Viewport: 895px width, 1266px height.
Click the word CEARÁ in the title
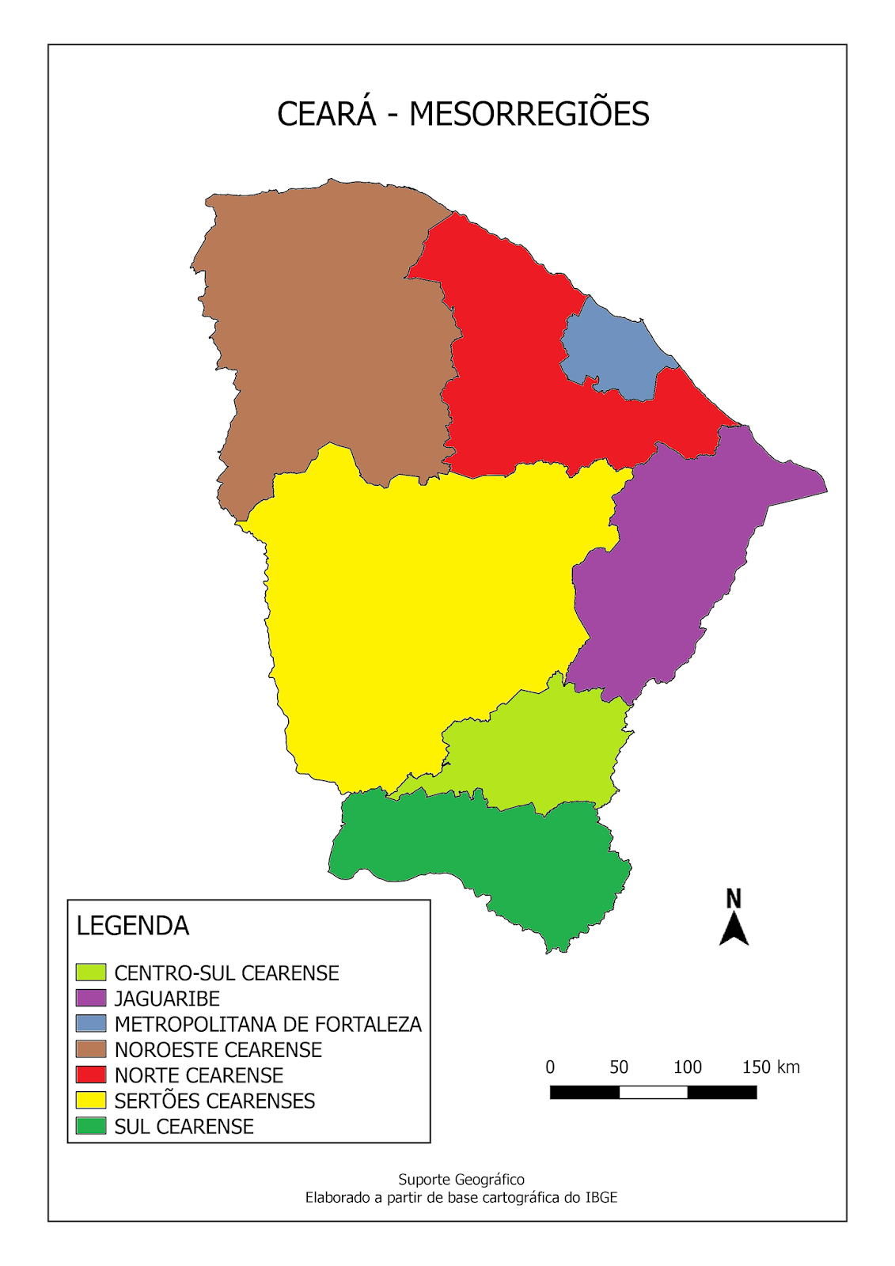point(326,115)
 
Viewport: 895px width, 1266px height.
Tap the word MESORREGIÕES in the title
point(529,115)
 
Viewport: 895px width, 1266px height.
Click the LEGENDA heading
point(132,926)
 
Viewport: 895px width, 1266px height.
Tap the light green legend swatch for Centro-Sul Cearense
point(91,972)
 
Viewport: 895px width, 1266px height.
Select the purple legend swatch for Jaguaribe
point(91,998)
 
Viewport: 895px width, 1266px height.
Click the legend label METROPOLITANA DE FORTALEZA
point(267,1024)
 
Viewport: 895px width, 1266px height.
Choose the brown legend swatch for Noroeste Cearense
point(91,1049)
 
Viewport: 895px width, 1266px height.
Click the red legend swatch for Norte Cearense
point(91,1075)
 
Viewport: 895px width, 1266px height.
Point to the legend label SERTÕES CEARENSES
point(214,1101)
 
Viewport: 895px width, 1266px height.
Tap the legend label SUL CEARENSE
point(184,1126)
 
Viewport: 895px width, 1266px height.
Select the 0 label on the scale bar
point(550,1067)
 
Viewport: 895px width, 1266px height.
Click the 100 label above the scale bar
point(688,1067)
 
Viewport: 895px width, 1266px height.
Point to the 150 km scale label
point(771,1067)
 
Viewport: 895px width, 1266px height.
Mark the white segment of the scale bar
point(653,1093)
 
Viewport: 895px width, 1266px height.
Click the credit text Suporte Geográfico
point(461,1180)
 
